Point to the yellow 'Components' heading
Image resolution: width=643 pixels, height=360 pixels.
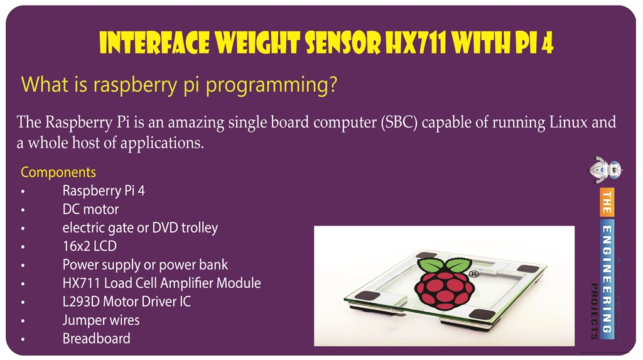(x=58, y=172)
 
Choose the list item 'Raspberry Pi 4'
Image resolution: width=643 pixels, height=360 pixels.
(x=104, y=190)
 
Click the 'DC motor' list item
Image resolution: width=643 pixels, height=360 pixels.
(x=90, y=209)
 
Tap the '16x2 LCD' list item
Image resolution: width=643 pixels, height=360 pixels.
(x=89, y=246)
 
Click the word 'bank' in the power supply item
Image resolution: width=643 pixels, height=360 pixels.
(x=213, y=265)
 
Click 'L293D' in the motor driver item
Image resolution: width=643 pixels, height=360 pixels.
(x=81, y=302)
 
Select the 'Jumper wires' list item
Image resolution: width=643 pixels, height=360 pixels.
(x=100, y=320)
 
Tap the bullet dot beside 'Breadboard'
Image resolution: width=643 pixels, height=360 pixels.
(x=23, y=339)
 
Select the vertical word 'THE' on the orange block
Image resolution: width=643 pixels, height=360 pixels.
(x=607, y=203)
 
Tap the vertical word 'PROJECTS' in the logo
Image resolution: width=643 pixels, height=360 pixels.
(x=593, y=312)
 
